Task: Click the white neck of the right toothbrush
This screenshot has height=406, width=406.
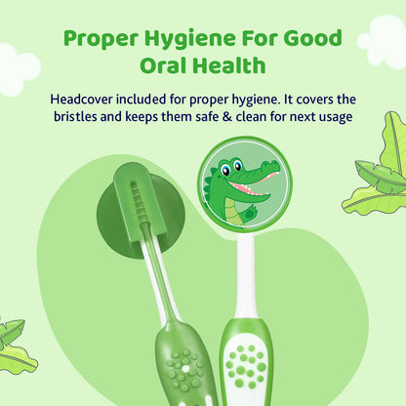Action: point(247,278)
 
